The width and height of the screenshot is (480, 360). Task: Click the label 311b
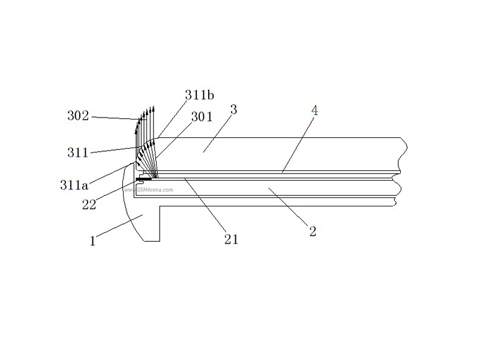pyautogui.click(x=199, y=95)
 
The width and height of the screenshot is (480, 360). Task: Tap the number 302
pyautogui.click(x=78, y=116)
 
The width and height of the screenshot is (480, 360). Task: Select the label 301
pyautogui.click(x=202, y=117)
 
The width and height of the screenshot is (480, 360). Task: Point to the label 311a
pyautogui.click(x=74, y=185)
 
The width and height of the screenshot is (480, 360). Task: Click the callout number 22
pyautogui.click(x=89, y=205)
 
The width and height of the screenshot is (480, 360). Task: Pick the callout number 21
pyautogui.click(x=231, y=239)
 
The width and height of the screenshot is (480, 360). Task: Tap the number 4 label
pyautogui.click(x=314, y=110)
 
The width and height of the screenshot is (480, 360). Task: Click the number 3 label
pyautogui.click(x=234, y=110)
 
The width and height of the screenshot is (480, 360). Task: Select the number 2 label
pyautogui.click(x=313, y=231)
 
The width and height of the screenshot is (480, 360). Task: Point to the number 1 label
pyautogui.click(x=93, y=241)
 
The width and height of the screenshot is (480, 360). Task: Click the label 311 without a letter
pyautogui.click(x=78, y=152)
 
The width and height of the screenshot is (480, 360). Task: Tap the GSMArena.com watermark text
pyautogui.click(x=148, y=190)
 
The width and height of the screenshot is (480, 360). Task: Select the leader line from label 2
pyautogui.click(x=288, y=208)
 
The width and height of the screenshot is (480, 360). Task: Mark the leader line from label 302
pyautogui.click(x=117, y=118)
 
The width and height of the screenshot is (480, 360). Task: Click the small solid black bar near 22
pyautogui.click(x=143, y=178)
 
